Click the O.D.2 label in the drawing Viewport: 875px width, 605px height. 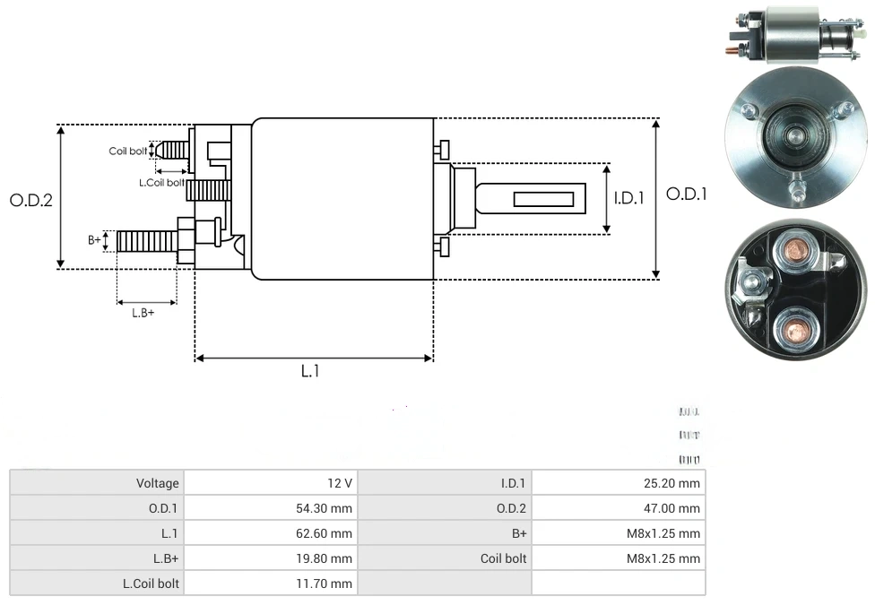click(31, 200)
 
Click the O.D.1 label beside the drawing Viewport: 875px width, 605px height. click(687, 194)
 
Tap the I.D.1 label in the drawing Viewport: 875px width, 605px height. click(629, 198)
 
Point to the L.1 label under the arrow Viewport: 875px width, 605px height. click(309, 371)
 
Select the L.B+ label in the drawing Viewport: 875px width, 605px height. click(143, 313)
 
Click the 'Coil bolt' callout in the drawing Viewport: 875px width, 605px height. click(127, 151)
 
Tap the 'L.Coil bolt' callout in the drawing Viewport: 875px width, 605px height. click(161, 183)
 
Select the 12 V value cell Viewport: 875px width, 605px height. click(270, 483)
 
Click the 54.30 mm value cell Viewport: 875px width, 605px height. click(270, 508)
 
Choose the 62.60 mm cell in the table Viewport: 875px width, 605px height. click(270, 533)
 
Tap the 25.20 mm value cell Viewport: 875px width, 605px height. click(618, 483)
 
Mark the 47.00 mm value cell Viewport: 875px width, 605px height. click(618, 508)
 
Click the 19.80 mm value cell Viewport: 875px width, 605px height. click(270, 558)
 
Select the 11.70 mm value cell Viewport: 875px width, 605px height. click(270, 583)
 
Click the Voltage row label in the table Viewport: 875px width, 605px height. click(97, 483)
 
